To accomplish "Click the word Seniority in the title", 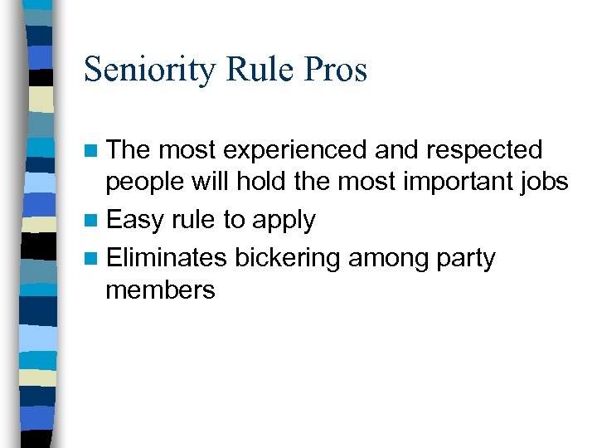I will (x=152, y=71).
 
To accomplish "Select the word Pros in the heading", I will (x=336, y=69).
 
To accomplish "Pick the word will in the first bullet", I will (x=214, y=181).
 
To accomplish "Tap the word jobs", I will (x=546, y=183).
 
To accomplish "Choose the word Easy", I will (x=134, y=221).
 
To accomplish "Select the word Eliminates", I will (x=167, y=258).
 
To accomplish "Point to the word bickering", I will (x=287, y=259).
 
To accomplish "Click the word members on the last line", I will (x=160, y=290).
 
